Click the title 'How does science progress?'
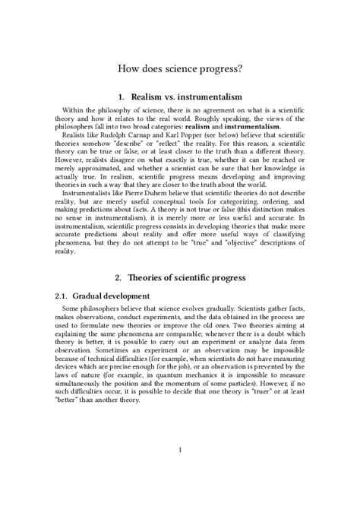click(180, 68)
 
